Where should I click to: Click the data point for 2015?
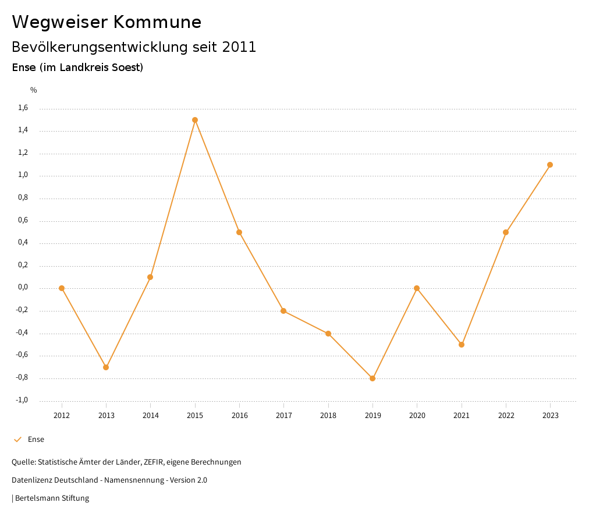coord(195,120)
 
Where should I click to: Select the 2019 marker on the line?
coord(372,378)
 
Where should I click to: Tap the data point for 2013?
coord(106,367)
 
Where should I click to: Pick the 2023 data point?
coord(550,165)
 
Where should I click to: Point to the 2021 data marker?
coord(462,345)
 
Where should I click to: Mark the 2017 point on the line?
coord(283,311)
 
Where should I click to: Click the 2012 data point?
coord(62,288)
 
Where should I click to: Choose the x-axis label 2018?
coord(328,416)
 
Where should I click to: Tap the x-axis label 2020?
coord(417,416)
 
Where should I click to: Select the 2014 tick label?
coord(151,416)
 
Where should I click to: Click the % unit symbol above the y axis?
coord(34,90)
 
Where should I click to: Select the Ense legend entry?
coord(36,440)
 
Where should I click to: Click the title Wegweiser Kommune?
coord(107,22)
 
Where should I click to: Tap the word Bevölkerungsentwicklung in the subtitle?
coord(101,47)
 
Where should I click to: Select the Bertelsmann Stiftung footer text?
coord(52,498)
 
